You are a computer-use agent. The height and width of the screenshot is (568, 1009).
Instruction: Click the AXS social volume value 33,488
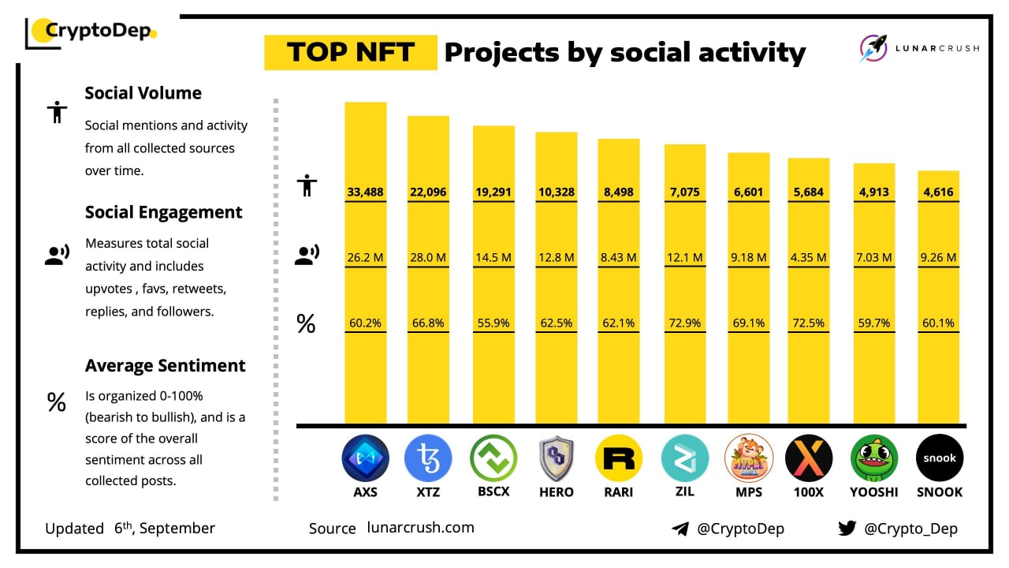click(366, 192)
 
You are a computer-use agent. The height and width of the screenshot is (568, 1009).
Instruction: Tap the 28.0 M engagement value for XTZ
click(428, 257)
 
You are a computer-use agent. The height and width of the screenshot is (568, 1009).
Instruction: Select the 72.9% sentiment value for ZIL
click(685, 323)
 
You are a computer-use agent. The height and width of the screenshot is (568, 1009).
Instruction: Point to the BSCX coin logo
click(493, 458)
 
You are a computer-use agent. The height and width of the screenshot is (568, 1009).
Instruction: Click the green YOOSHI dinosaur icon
click(874, 458)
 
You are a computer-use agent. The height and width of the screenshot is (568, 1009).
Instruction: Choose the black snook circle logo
click(939, 458)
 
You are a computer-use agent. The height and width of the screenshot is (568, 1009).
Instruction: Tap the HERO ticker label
click(556, 492)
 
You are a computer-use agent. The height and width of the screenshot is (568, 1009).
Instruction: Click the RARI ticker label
click(619, 492)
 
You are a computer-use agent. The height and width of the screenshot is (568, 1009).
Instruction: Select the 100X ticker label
click(808, 492)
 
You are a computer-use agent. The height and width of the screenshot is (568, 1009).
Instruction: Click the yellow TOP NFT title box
click(350, 52)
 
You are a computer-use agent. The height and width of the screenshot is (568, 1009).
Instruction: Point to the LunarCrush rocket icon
click(873, 48)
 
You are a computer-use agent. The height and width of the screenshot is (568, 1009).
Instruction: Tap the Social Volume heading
click(143, 93)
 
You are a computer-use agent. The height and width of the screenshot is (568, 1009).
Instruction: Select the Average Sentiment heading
click(166, 366)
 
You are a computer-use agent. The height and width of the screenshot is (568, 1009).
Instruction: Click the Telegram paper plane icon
click(680, 529)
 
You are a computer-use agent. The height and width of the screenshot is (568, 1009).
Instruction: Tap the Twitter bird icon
click(847, 529)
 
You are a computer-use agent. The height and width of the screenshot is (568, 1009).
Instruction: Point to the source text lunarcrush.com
click(421, 528)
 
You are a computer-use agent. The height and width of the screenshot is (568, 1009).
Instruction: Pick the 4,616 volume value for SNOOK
click(939, 192)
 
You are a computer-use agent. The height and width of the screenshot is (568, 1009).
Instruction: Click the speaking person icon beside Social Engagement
click(56, 254)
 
